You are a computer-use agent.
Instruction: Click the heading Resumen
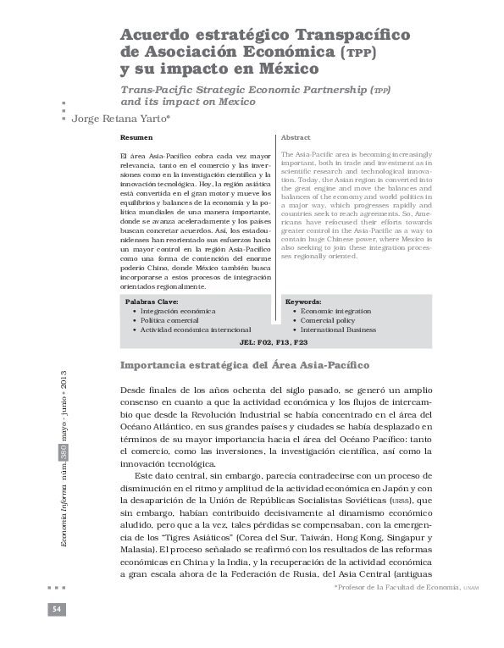[x=136, y=137]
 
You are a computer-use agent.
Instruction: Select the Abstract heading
[x=296, y=137]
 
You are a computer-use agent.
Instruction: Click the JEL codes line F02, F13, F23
[x=274, y=343]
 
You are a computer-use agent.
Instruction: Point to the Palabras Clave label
[x=152, y=302]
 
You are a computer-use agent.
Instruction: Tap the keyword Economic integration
[x=335, y=311]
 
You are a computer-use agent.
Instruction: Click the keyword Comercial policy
[x=329, y=320]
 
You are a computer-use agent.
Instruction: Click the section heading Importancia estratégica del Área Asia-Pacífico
[x=246, y=365]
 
